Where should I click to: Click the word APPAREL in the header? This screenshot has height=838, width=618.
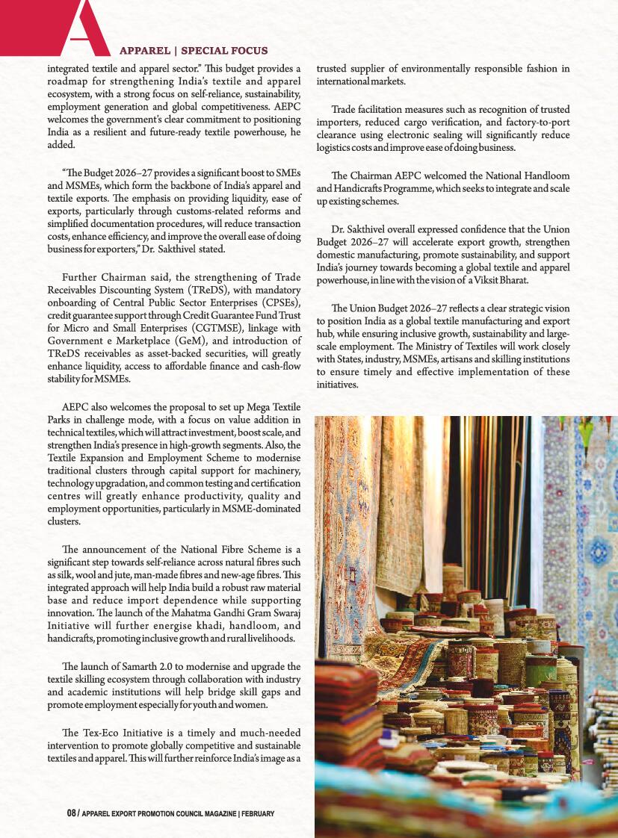tap(144, 51)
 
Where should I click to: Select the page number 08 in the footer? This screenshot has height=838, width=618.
tap(72, 813)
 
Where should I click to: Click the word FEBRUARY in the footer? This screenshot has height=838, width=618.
tap(259, 813)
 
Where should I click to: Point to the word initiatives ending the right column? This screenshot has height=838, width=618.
tap(338, 385)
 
